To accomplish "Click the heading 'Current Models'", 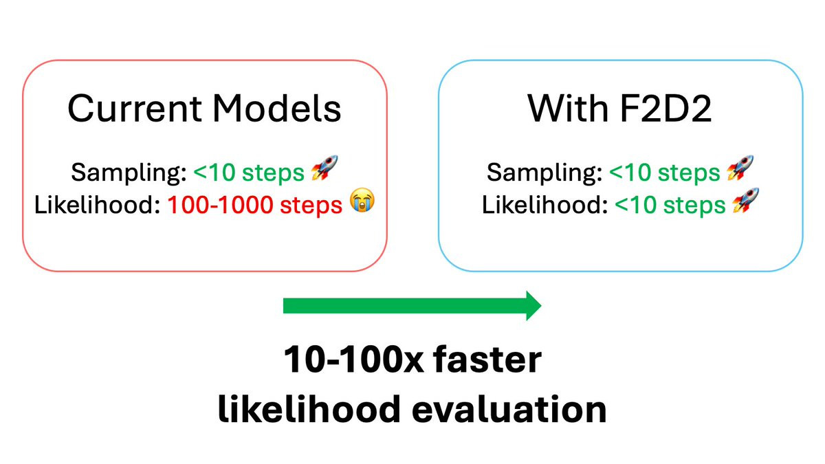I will point(204,108).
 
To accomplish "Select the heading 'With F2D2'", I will point(619,108).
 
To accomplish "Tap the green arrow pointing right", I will point(412,305).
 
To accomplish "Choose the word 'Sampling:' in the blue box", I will point(542,173).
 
